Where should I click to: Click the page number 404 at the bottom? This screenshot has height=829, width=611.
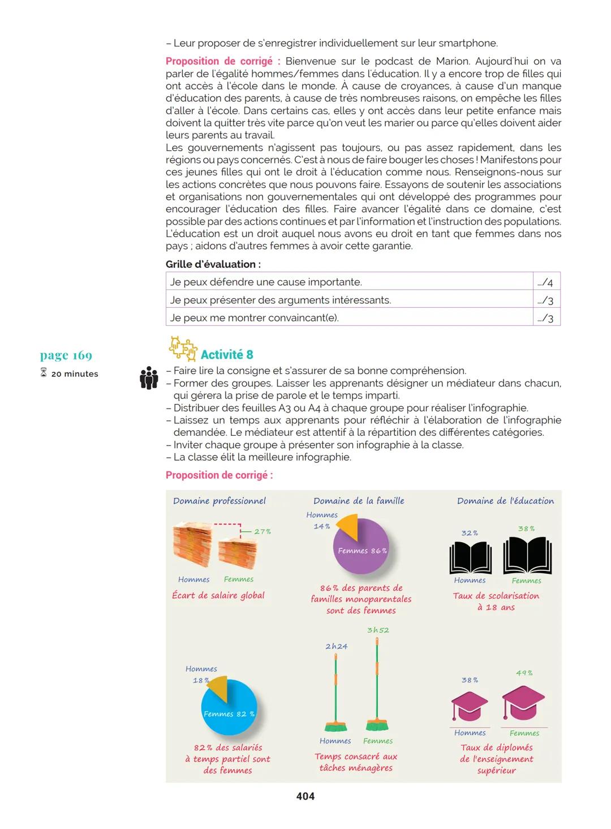click(305, 796)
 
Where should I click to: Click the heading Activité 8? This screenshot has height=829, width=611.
click(227, 355)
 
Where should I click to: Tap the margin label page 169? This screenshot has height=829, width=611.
click(66, 355)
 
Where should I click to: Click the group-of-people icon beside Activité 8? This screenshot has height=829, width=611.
click(149, 378)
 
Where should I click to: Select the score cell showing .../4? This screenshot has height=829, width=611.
click(545, 282)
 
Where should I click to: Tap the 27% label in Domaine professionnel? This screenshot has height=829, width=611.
click(263, 531)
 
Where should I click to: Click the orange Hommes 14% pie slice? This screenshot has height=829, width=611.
click(348, 524)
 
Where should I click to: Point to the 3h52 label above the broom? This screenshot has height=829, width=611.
click(378, 630)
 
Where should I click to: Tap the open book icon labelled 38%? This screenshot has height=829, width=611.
click(527, 555)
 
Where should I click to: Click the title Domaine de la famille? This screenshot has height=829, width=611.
click(359, 501)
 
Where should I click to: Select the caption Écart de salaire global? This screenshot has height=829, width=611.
click(218, 595)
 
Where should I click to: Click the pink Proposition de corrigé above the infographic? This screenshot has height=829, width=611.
click(219, 475)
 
